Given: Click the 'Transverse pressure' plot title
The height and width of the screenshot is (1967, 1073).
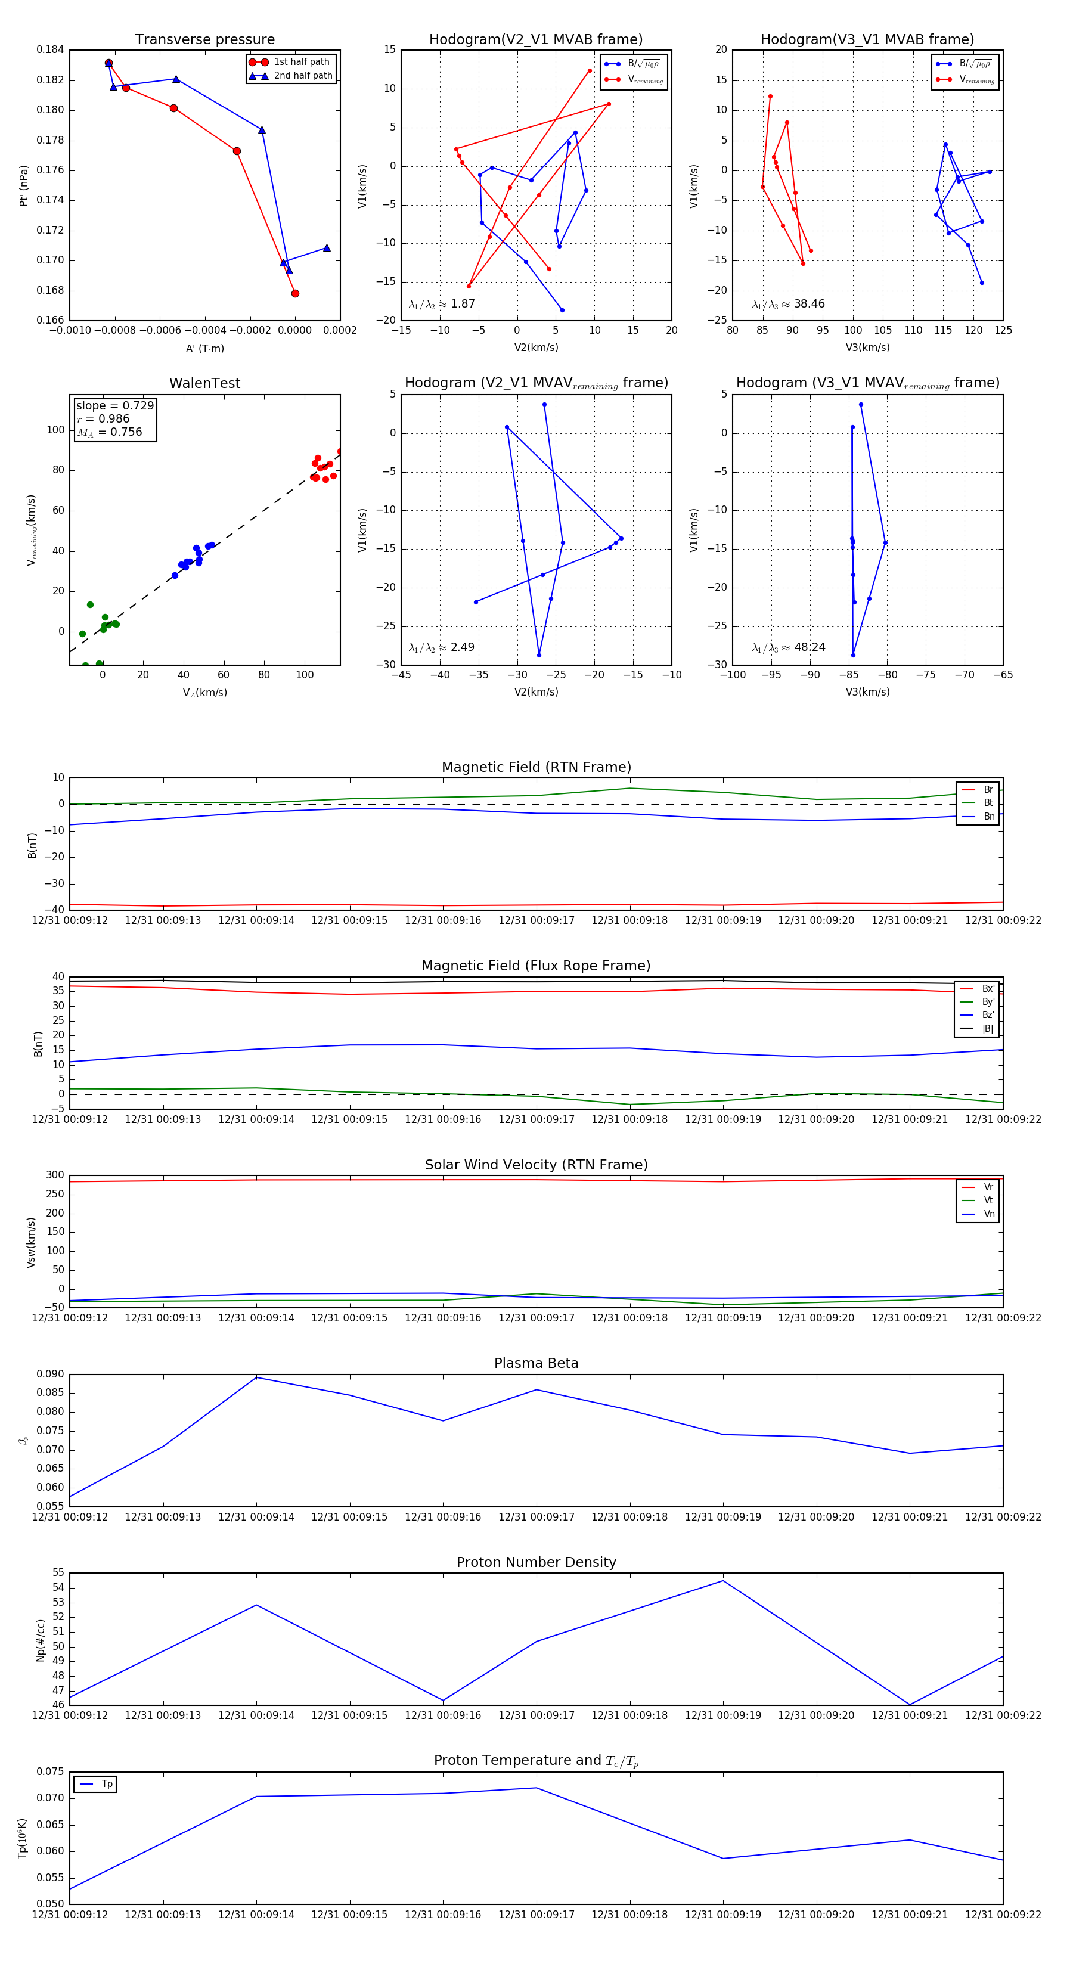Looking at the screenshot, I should pos(204,40).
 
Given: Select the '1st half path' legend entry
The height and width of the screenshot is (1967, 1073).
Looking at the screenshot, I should pos(301,62).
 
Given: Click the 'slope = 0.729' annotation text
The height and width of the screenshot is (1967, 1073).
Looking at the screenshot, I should pos(114,405).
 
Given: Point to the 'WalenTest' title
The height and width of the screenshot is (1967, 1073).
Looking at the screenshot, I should pos(204,383).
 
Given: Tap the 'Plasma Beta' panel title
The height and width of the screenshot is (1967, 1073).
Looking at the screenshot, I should pos(536,1363).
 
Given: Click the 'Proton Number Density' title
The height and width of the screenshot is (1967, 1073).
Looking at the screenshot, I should pos(536,1562).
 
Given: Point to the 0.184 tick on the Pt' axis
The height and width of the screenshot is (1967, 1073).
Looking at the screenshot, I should pos(51,51).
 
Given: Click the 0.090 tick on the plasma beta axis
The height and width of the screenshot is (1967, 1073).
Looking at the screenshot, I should pos(51,1374).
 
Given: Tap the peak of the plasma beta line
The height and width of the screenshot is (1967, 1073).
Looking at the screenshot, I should pos(256,1377).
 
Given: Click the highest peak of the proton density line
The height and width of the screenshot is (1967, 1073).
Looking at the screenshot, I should pos(723,1581).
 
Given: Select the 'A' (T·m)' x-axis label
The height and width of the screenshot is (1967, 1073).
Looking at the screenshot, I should pos(204,348).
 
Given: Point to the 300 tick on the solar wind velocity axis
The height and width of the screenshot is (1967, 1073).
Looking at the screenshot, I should pos(55,1175).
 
